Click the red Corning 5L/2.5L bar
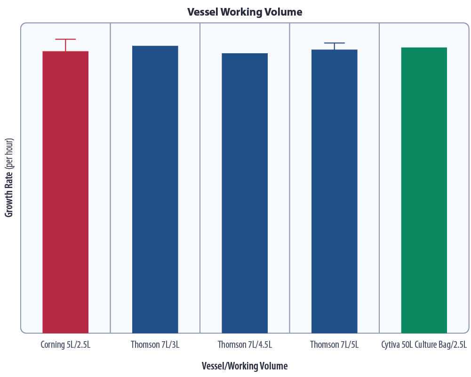coord(65,191)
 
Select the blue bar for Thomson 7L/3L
coord(155,188)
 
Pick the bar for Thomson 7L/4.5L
coord(245,192)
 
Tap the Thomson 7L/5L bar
coord(334,190)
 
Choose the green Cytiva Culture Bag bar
coord(424,189)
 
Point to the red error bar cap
coord(65,39)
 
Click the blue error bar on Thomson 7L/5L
coord(334,43)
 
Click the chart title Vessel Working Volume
coord(245,12)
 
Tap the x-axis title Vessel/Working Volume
coord(245,366)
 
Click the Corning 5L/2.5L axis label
coord(65,345)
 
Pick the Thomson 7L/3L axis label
coord(155,345)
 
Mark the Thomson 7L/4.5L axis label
coord(245,345)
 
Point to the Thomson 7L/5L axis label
coord(334,345)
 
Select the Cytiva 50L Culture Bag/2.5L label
coord(424,345)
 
